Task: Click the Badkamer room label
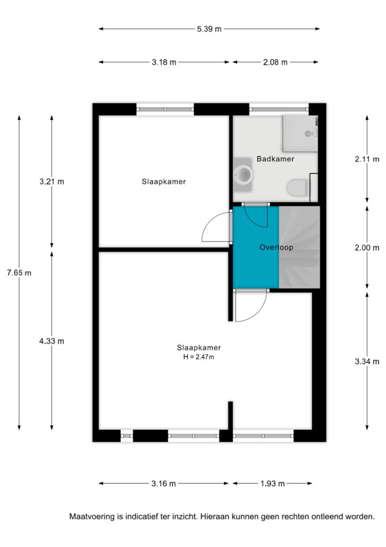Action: point(275,159)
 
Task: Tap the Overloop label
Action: point(276,247)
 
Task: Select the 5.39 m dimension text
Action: point(209,29)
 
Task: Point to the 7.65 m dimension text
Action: point(19,273)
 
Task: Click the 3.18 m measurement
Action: point(164,62)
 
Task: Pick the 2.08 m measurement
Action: point(275,62)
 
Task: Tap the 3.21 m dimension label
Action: point(52,182)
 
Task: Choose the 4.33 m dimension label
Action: point(52,341)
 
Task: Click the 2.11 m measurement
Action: point(367,159)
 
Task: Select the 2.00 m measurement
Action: point(367,248)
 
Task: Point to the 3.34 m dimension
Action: point(367,362)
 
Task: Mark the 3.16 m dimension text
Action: point(164,483)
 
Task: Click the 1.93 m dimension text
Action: point(272,483)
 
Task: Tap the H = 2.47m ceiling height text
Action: point(199,357)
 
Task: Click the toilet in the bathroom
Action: point(297,187)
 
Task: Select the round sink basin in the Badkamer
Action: point(243,174)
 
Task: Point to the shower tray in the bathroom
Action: point(300,134)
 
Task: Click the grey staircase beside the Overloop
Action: point(299,247)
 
